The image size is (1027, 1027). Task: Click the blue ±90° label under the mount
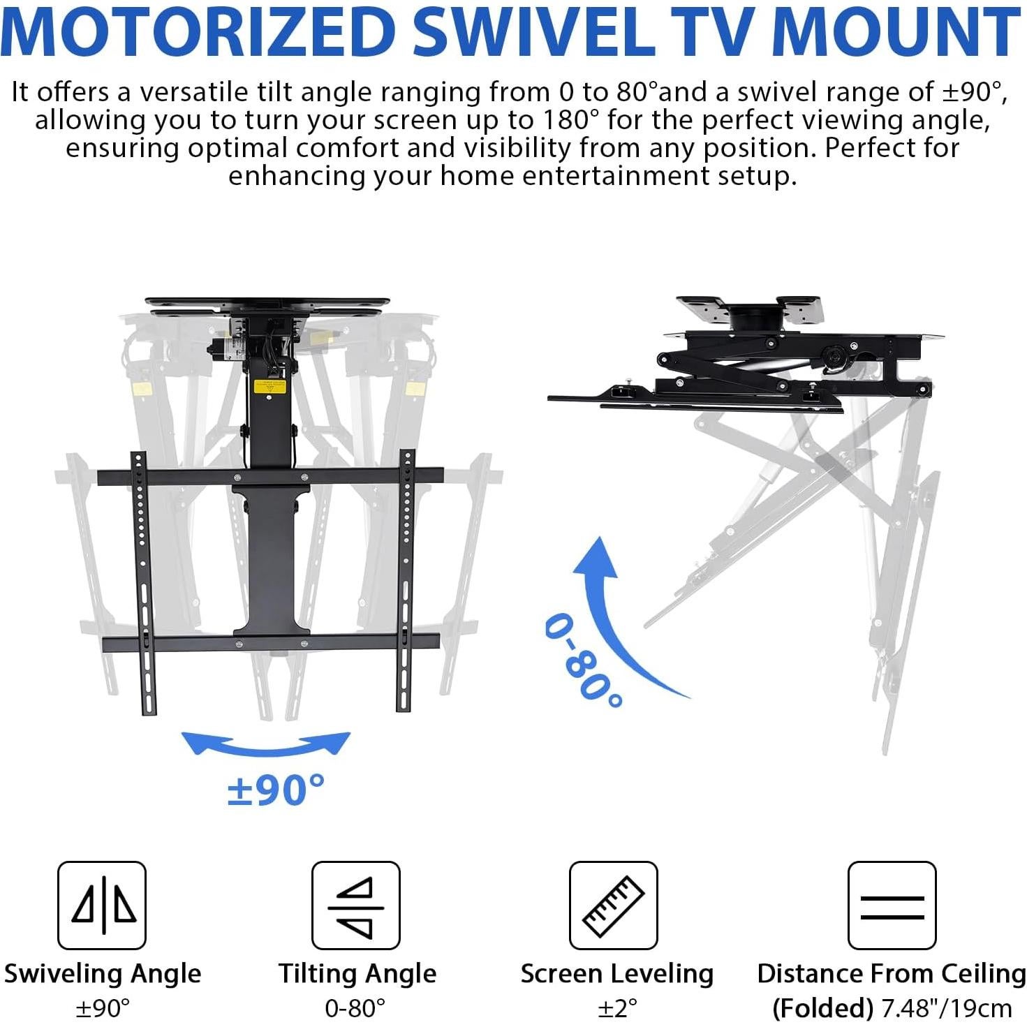pyautogui.click(x=276, y=790)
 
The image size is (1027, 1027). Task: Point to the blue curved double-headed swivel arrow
pyautogui.click(x=266, y=746)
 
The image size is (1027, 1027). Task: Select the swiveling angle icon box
pyautogui.click(x=102, y=905)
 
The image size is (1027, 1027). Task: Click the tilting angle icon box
pyautogui.click(x=355, y=905)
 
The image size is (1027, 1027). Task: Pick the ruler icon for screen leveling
pyautogui.click(x=614, y=905)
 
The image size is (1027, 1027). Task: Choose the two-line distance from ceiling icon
pyautogui.click(x=892, y=905)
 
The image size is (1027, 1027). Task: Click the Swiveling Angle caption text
pyautogui.click(x=103, y=973)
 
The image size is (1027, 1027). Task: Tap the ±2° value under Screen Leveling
pyautogui.click(x=617, y=1008)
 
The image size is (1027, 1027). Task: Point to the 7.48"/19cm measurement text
pyautogui.click(x=946, y=1008)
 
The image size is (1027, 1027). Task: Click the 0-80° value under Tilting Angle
pyautogui.click(x=355, y=1008)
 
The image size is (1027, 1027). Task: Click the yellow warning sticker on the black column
pyautogui.click(x=270, y=386)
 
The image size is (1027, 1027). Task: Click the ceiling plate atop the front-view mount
pyautogui.click(x=267, y=304)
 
